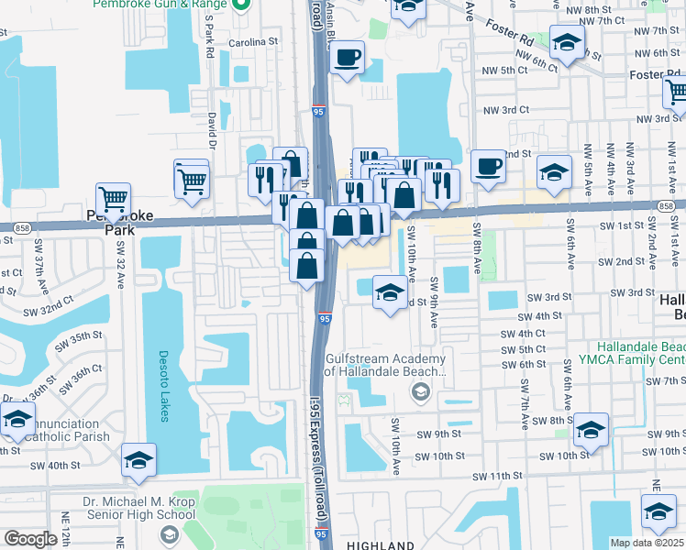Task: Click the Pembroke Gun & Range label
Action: (x=160, y=5)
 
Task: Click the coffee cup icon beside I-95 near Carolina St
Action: (x=347, y=59)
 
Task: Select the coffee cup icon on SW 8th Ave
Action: (x=488, y=167)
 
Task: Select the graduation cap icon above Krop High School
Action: (x=138, y=460)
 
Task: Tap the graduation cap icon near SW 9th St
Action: (x=591, y=429)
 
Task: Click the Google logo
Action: (x=30, y=539)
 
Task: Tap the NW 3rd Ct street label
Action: (x=505, y=109)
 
